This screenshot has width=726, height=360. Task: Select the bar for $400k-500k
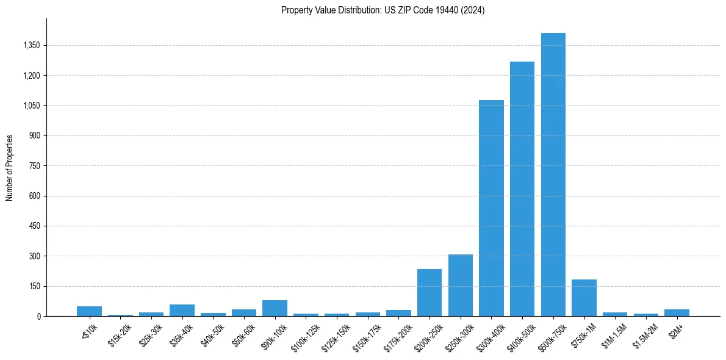pos(522,189)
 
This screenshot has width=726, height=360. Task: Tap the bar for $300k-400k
pos(491,208)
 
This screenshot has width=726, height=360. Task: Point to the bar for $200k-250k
pos(429,292)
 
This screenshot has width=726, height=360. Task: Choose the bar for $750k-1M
pos(584,298)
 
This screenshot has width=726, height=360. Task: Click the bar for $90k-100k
pos(275,308)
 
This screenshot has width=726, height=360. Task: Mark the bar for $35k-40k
pos(182,310)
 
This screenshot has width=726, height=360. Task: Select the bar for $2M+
pos(677,312)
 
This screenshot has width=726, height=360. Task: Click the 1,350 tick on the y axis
pos(31,45)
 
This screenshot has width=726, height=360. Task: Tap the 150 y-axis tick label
pos(35,286)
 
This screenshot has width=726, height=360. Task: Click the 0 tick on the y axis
pos(38,316)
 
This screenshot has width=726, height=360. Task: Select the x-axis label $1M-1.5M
pos(613,334)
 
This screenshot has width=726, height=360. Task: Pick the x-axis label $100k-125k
pos(304,336)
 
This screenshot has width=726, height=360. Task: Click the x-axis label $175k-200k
pos(397,336)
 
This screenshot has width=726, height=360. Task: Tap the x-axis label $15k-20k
pos(118,334)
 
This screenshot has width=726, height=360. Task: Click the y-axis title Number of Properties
pos(10,167)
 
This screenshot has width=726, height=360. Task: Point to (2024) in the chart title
pos(473,10)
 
